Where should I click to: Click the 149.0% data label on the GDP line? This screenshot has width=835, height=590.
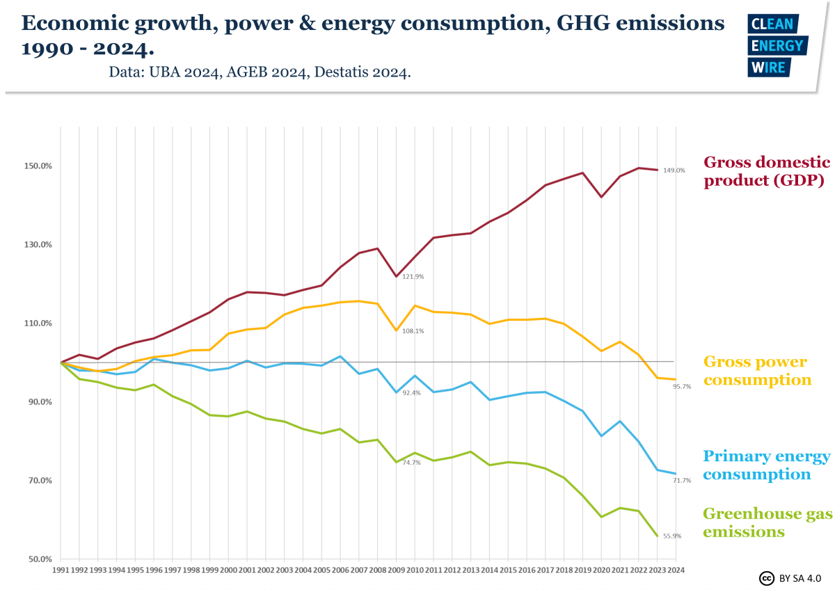[x=674, y=170]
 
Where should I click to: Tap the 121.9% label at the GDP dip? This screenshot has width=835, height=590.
[x=413, y=277]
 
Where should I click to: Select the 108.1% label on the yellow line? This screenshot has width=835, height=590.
[x=413, y=331]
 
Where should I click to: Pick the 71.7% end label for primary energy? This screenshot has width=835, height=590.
[x=681, y=481]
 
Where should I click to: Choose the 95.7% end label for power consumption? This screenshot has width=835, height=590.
[x=681, y=387]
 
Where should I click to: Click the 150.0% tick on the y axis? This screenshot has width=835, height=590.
[x=38, y=166]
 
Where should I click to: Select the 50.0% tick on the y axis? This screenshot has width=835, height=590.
[x=40, y=559]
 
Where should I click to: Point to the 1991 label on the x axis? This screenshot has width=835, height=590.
[x=61, y=569]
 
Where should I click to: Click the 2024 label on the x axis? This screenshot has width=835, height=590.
[x=675, y=569]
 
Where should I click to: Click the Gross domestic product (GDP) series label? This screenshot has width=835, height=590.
[x=767, y=172]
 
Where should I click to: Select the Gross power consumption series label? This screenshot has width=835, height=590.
[x=757, y=371]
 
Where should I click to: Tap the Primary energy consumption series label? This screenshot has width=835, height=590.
[x=766, y=465]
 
